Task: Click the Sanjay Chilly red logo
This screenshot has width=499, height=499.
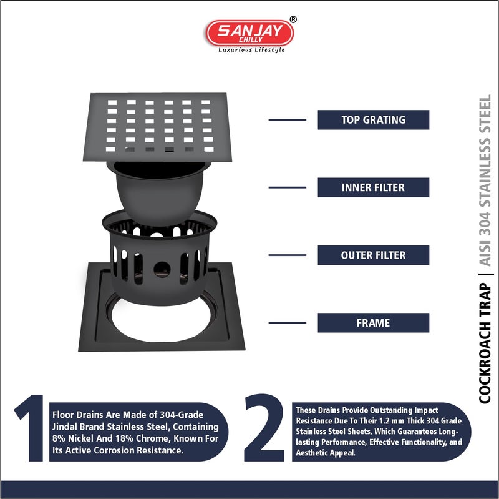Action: tap(249, 32)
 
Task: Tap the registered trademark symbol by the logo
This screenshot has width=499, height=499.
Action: tap(294, 19)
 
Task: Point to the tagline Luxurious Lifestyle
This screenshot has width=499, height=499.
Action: tap(251, 50)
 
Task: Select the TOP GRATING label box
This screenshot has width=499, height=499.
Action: tap(373, 120)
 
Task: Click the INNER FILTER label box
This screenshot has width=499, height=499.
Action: tap(373, 187)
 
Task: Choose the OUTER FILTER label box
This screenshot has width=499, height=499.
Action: tap(373, 255)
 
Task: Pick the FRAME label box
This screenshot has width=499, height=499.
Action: tap(373, 323)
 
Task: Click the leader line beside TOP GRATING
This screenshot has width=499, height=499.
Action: tap(287, 119)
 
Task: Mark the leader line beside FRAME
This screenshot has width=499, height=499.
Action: tap(287, 323)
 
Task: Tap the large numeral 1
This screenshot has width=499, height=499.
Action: tap(29, 429)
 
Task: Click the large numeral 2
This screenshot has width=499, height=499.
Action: tap(264, 429)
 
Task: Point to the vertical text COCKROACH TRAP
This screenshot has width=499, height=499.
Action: tap(485, 343)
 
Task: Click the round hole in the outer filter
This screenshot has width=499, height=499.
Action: tap(163, 269)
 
